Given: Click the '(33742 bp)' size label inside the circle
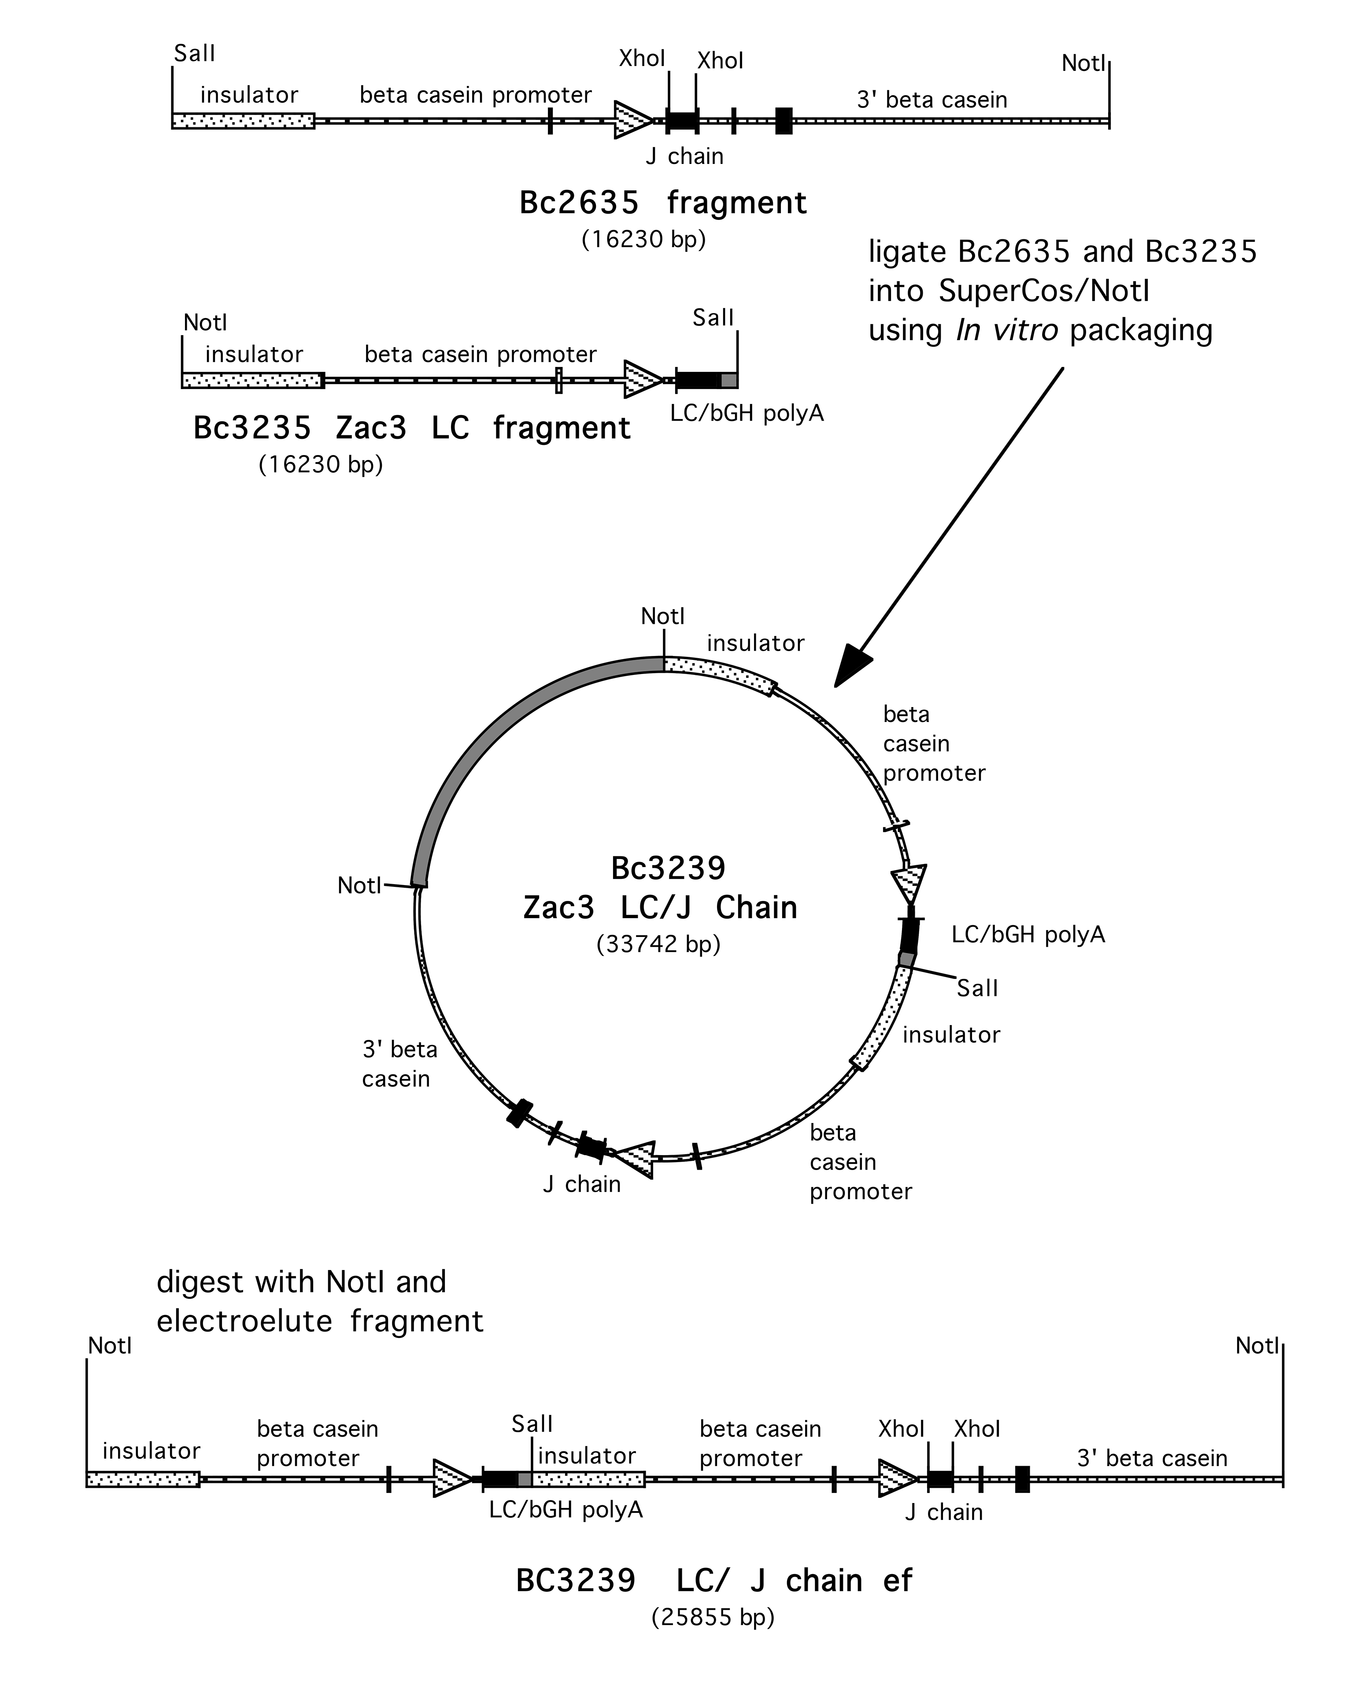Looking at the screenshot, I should click(x=658, y=943).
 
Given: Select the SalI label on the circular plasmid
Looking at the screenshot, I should click(x=977, y=988).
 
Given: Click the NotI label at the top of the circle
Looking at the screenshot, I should click(x=662, y=616).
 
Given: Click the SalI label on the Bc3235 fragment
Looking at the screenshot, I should click(x=712, y=318).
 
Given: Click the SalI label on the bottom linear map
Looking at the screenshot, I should click(x=532, y=1424).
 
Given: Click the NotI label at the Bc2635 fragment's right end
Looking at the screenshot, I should click(x=1083, y=63).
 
